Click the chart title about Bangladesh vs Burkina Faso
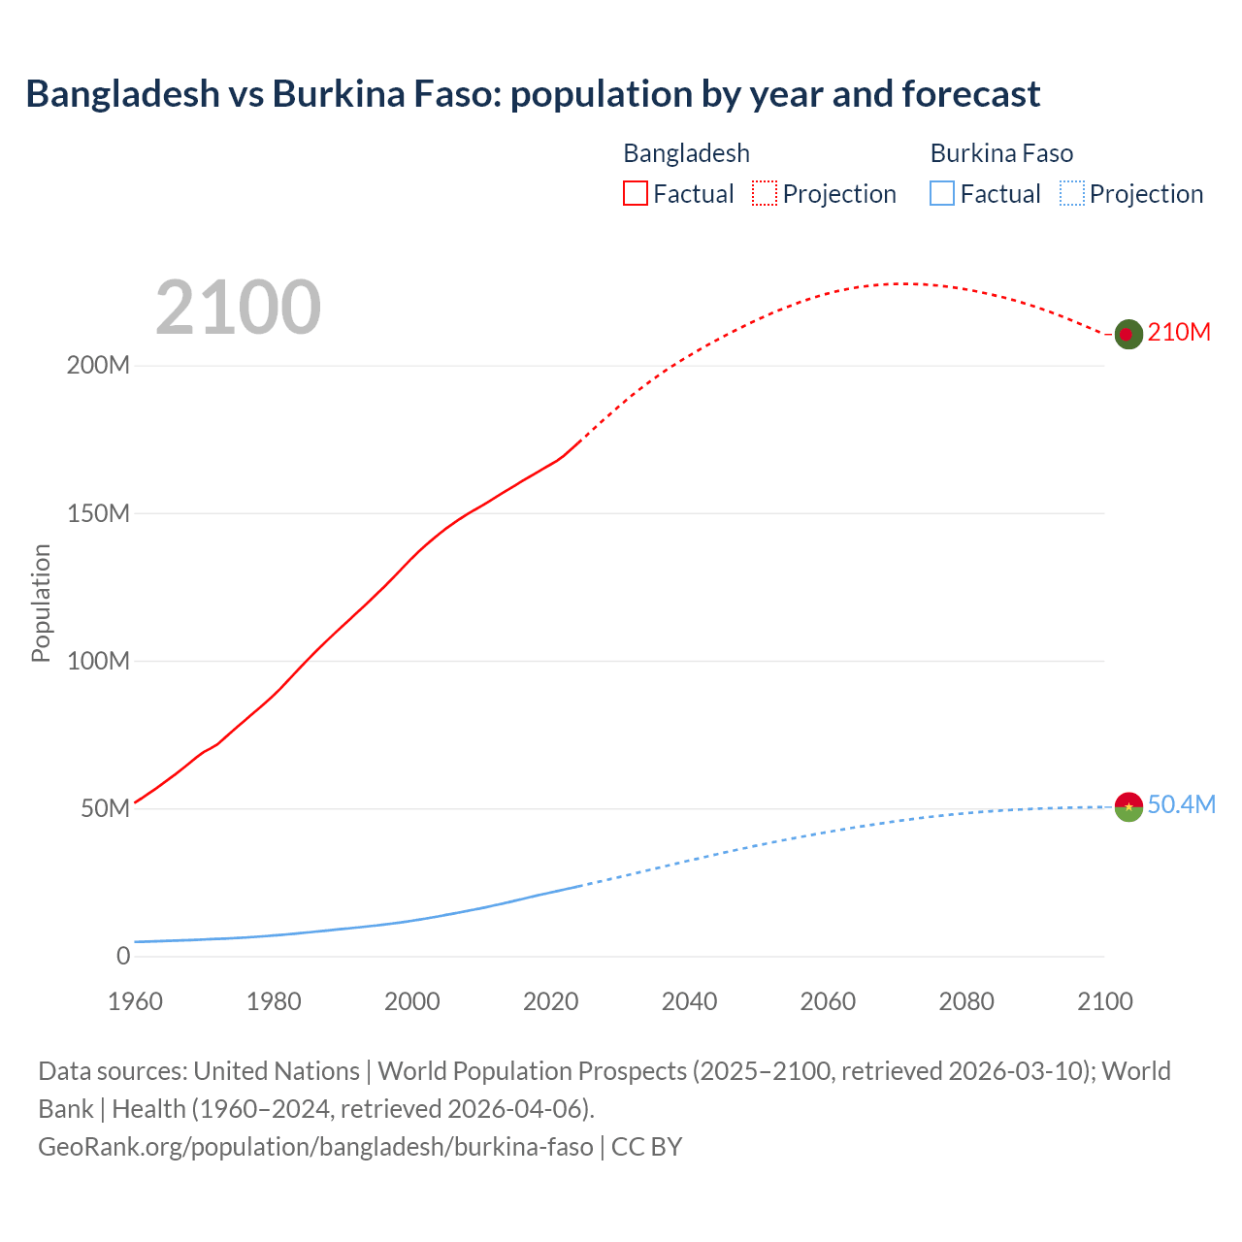click(x=533, y=94)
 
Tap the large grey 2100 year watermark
click(x=238, y=307)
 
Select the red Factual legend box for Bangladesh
click(x=636, y=194)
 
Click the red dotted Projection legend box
click(x=765, y=194)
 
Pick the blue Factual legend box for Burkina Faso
click(x=942, y=194)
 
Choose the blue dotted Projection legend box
click(x=1071, y=194)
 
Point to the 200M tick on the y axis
click(x=98, y=366)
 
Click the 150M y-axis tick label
click(x=98, y=513)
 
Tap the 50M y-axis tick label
click(x=105, y=809)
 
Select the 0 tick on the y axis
click(x=123, y=956)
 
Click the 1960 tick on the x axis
click(x=135, y=1001)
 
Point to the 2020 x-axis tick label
click(x=550, y=1001)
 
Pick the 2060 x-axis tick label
click(x=828, y=1001)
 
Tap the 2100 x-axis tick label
click(x=1104, y=1001)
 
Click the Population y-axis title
click(x=41, y=603)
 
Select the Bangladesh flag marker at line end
click(x=1128, y=334)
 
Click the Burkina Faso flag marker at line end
click(x=1128, y=806)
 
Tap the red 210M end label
click(x=1179, y=333)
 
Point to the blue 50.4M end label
click(x=1181, y=805)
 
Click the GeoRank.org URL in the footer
click(x=315, y=1147)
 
